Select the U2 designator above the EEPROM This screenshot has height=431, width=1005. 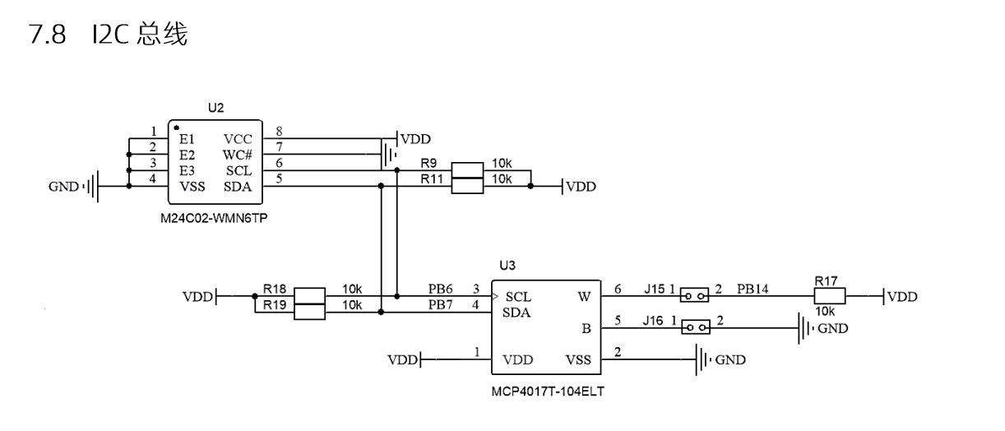coord(215,108)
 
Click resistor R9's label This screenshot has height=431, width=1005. coord(428,163)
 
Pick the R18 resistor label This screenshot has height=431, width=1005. coord(275,289)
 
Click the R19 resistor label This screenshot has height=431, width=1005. coord(275,304)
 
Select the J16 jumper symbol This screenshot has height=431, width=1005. coord(695,327)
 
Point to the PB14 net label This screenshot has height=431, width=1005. coord(753,289)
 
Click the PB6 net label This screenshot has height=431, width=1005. coord(440,289)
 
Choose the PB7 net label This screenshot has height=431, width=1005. coord(440,305)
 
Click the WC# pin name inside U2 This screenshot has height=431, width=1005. coord(238,155)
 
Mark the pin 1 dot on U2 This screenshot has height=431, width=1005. coord(176,128)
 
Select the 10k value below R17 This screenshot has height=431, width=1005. coord(826,312)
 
